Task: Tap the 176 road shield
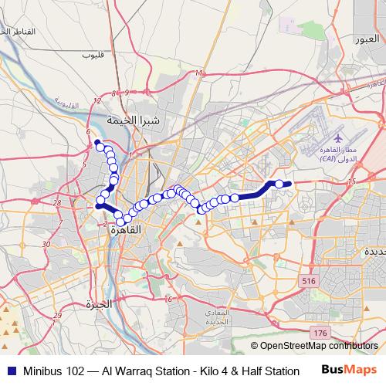coord(321,330)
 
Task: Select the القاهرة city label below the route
coord(125,229)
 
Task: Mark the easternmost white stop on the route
coord(279,184)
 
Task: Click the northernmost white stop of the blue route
coord(100,146)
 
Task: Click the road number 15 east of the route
coord(353,181)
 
